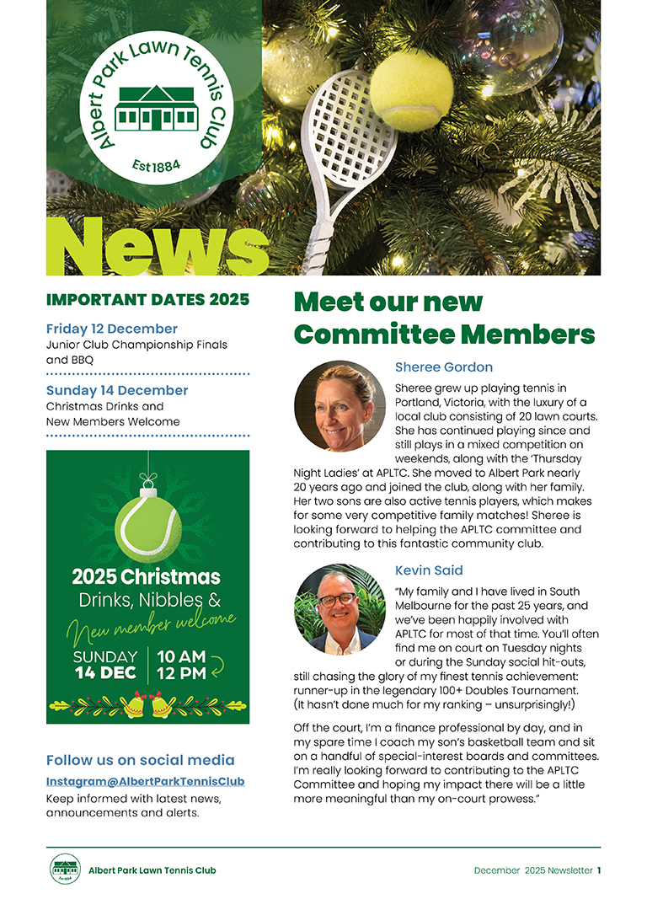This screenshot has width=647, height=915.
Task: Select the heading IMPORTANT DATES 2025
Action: pyautogui.click(x=147, y=299)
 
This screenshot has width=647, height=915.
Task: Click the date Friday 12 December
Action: pyautogui.click(x=112, y=329)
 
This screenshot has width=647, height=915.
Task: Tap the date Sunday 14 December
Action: pyautogui.click(x=117, y=390)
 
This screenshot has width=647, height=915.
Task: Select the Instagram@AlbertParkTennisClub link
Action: pyautogui.click(x=146, y=781)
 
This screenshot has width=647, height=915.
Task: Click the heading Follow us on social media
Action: pyautogui.click(x=141, y=760)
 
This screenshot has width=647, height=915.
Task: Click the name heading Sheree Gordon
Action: pyautogui.click(x=444, y=367)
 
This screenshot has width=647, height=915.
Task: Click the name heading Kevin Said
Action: pyautogui.click(x=429, y=570)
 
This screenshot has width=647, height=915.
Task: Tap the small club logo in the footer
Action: pyautogui.click(x=65, y=870)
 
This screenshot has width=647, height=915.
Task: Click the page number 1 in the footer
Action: pyautogui.click(x=599, y=870)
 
